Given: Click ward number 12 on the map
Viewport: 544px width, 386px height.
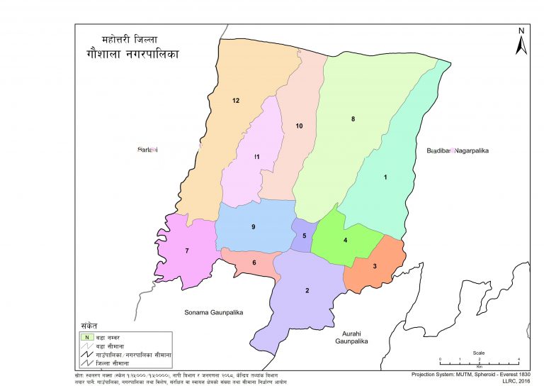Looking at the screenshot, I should [x=236, y=101].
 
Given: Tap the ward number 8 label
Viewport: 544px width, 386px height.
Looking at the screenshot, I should [x=353, y=118].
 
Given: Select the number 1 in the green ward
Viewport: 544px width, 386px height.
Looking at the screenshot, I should [x=385, y=177].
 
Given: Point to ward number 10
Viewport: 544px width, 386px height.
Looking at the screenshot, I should [x=299, y=126].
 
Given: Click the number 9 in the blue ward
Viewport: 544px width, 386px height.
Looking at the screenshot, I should [x=252, y=226].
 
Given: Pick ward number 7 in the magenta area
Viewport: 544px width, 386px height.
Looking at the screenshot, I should [x=187, y=251].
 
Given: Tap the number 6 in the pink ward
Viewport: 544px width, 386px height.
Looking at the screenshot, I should [x=254, y=263].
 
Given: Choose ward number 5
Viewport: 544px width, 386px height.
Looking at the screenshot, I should [x=305, y=236].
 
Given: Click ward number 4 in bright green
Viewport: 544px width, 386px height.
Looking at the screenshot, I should [x=345, y=241].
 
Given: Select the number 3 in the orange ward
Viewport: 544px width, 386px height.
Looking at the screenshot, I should [x=375, y=266].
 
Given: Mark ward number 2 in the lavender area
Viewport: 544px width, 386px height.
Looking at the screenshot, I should [x=307, y=291].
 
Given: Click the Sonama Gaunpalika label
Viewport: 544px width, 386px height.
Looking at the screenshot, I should [x=214, y=312].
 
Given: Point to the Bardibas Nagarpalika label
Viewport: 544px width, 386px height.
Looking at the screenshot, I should [x=458, y=151].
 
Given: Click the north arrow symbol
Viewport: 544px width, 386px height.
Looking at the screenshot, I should [x=521, y=43].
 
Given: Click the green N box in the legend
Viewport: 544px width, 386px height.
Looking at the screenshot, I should [x=86, y=336].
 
